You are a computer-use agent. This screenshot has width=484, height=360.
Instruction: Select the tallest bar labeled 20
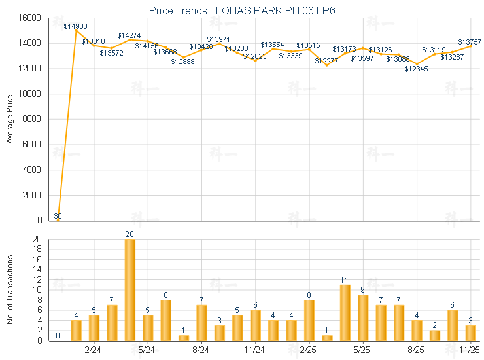[x=130, y=289]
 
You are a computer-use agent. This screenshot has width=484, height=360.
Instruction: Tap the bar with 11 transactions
[x=345, y=312]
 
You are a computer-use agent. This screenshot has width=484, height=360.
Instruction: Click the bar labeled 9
[x=363, y=317]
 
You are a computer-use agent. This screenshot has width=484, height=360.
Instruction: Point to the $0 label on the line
[x=58, y=216]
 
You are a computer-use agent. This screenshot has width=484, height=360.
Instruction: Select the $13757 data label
[x=469, y=41]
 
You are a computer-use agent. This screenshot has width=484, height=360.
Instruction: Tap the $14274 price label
[x=130, y=35]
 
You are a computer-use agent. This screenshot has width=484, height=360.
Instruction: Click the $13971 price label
[x=219, y=40]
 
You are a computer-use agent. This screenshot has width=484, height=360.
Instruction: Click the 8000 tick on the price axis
[x=33, y=119]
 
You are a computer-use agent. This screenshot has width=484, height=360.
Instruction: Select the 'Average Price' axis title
[x=10, y=119]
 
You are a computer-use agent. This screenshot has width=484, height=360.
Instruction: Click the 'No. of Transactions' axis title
[x=10, y=290]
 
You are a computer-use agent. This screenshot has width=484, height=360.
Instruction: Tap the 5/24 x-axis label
[x=147, y=350]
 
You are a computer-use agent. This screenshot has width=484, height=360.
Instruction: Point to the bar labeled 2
[x=435, y=335]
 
